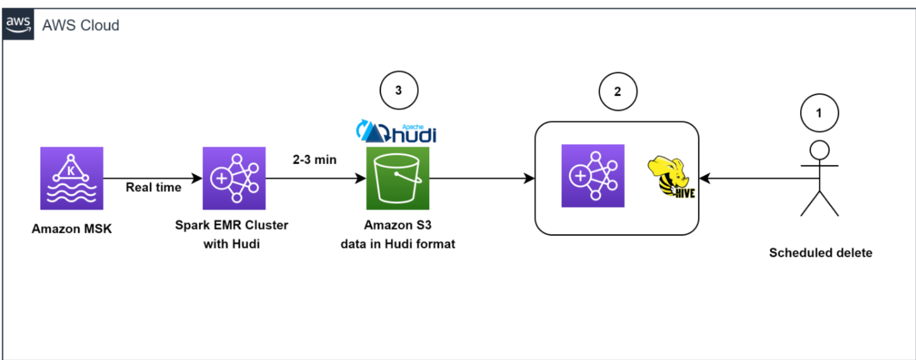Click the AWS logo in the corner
point(18,24)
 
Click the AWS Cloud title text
point(81,25)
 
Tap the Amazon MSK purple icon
point(72,178)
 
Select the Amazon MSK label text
point(72,229)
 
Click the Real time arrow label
point(153,187)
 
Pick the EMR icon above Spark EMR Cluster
point(234,178)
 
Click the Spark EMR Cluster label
point(231,225)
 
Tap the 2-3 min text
point(314,160)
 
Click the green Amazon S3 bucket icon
point(398,178)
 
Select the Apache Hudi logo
point(397,132)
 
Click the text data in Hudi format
point(398,244)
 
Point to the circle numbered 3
point(399,90)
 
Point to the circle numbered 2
point(617,91)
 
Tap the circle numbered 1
point(819,113)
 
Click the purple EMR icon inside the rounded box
point(593,176)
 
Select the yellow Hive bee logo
point(671,177)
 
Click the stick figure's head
point(819,150)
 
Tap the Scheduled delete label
point(821,252)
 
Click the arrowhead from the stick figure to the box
point(705,178)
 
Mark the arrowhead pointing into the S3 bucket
point(361,178)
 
